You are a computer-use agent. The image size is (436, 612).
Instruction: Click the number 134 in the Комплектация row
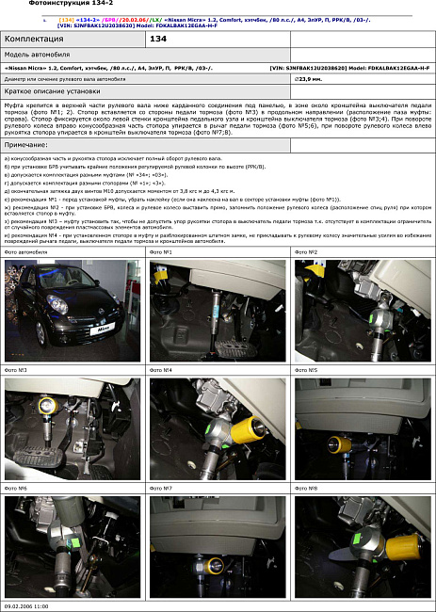[158, 39]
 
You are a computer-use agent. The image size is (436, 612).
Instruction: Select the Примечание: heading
[29, 144]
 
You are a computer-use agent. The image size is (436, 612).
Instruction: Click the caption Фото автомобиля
[25, 252]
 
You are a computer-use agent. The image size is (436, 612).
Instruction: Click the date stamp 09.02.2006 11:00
[26, 606]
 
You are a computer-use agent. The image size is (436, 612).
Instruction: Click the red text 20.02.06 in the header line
[131, 18]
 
